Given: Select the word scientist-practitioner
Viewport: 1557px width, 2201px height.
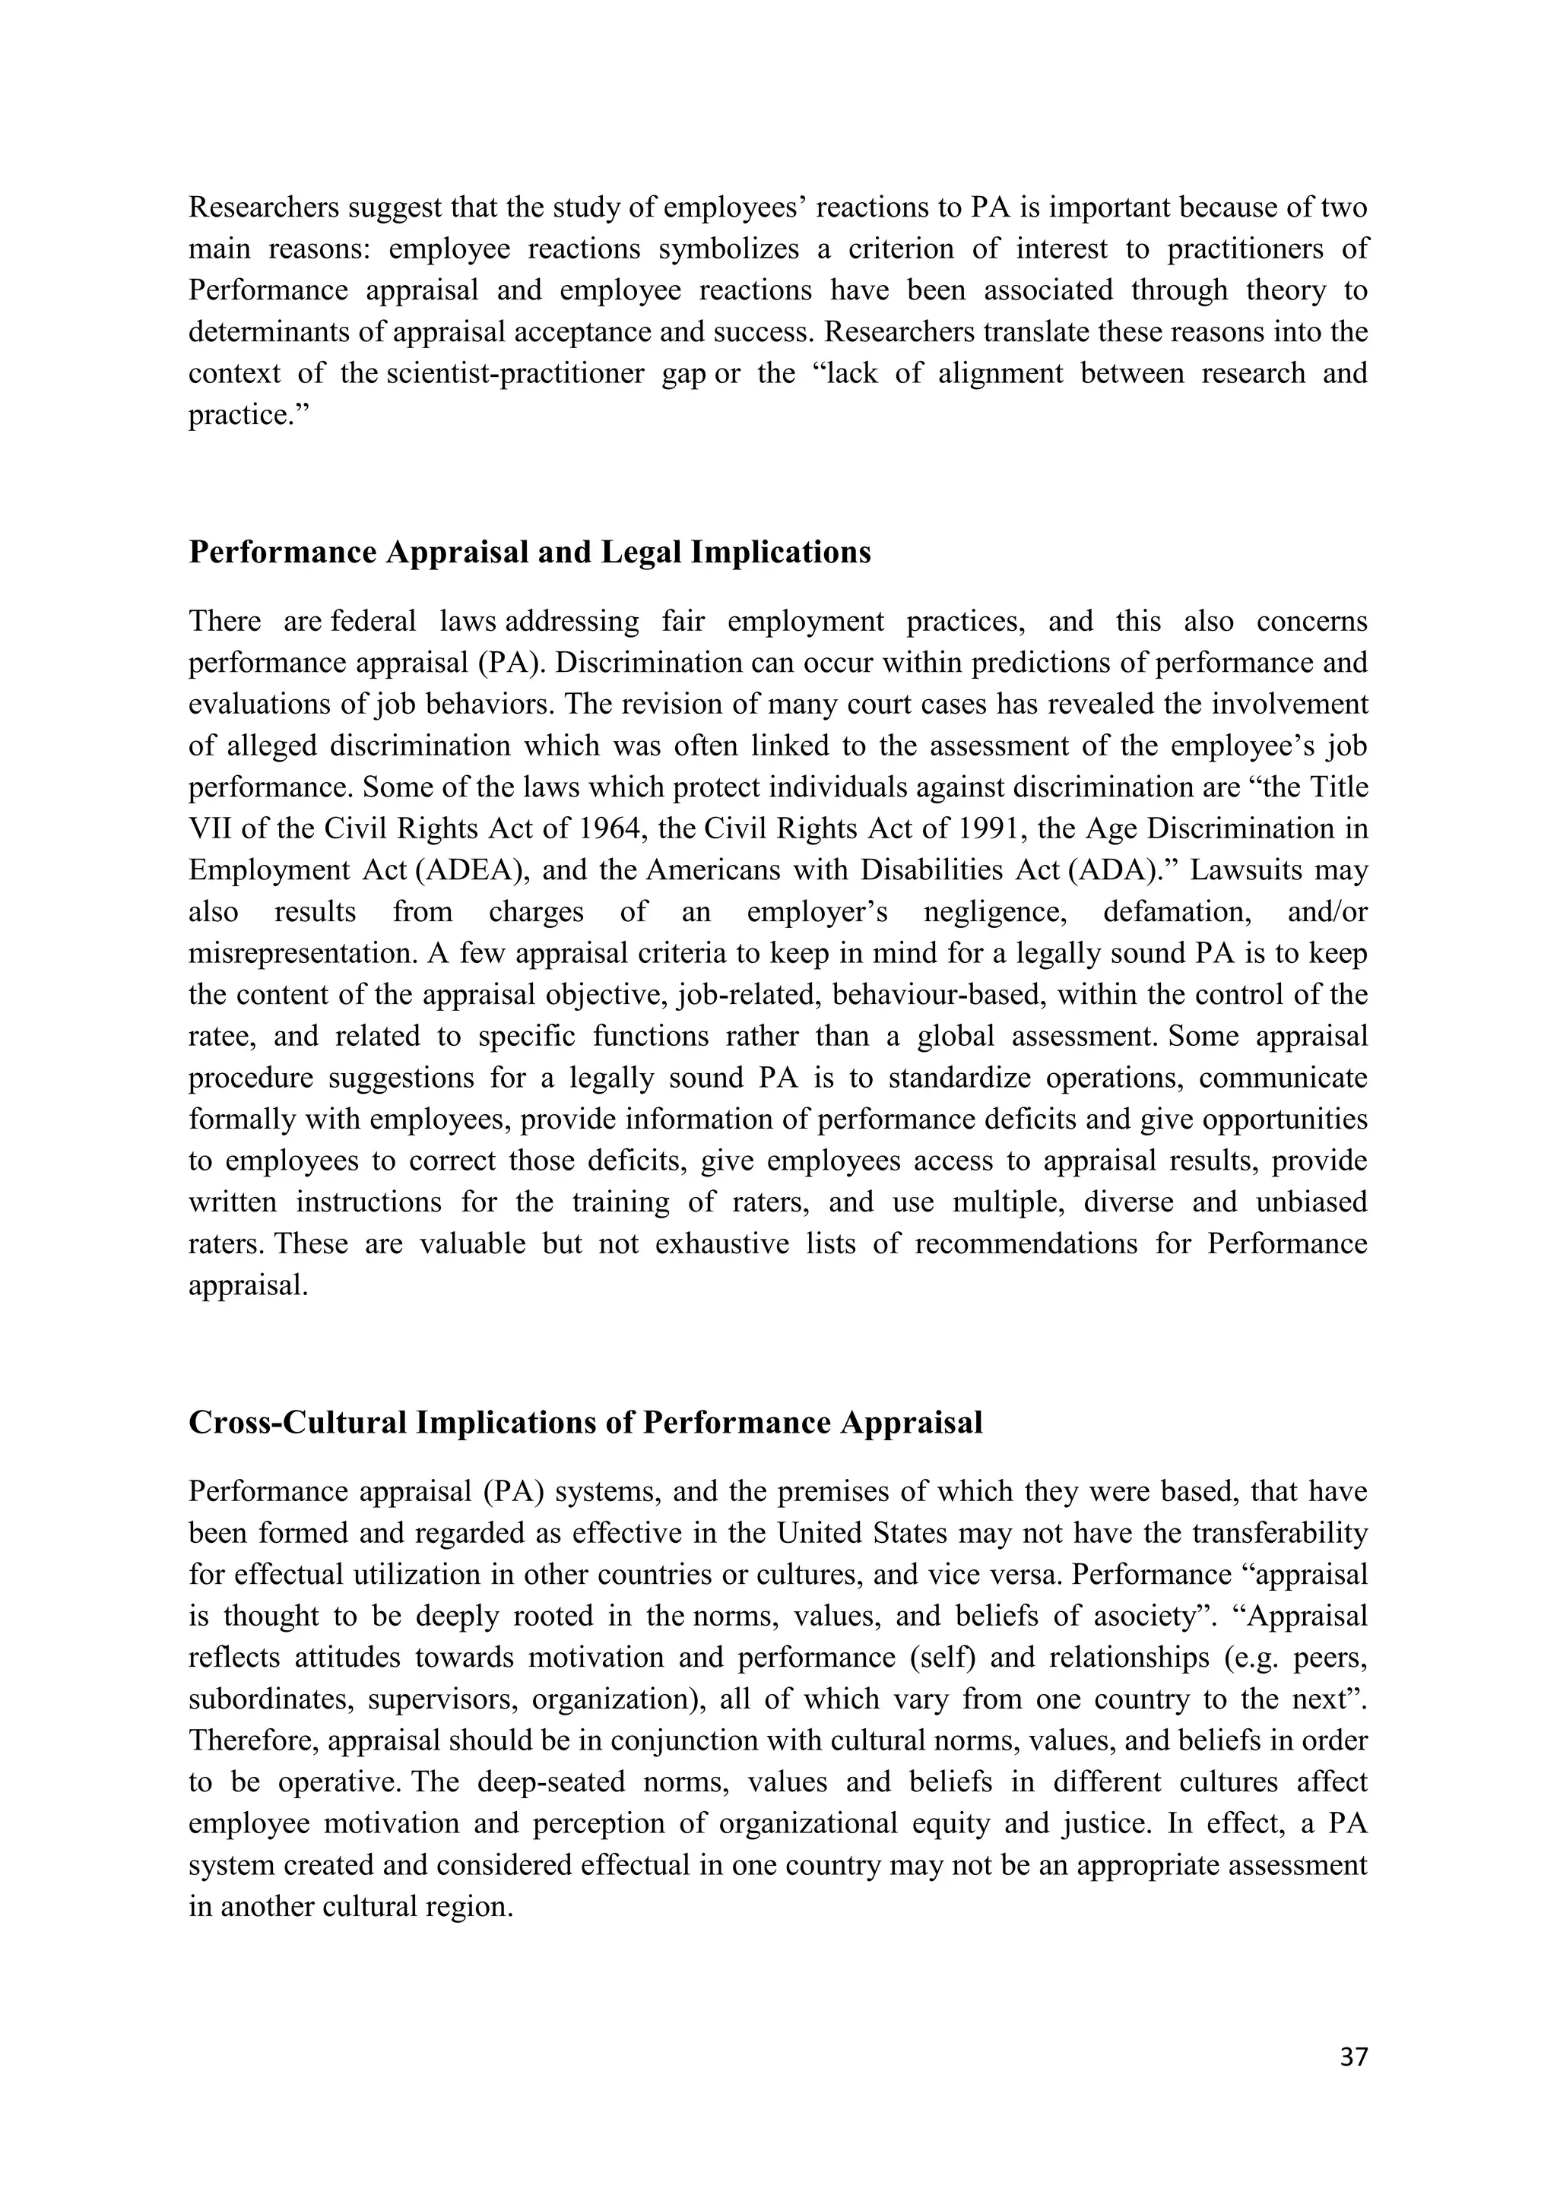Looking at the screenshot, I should click(515, 374).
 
